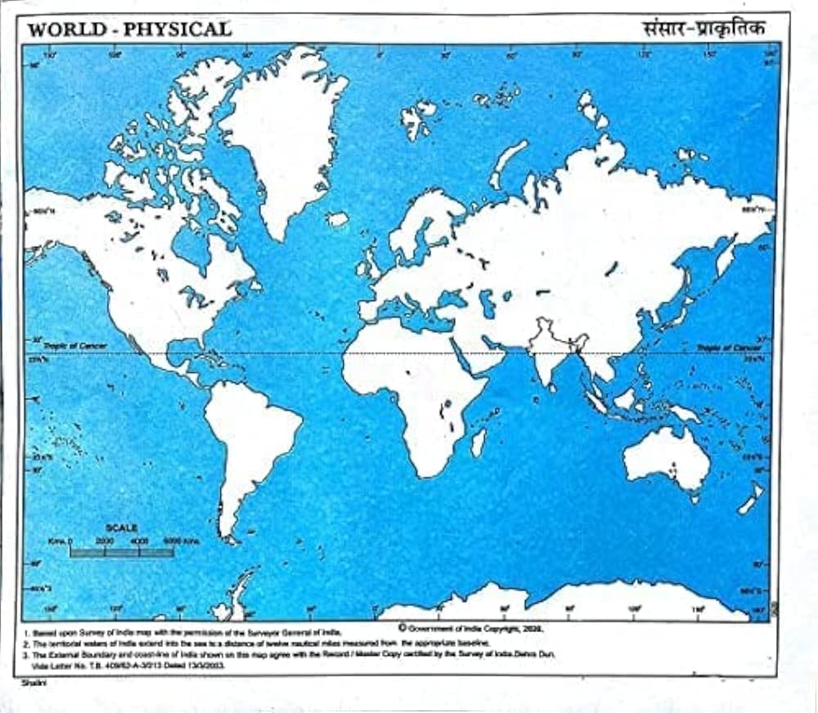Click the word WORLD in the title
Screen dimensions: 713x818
pyautogui.click(x=66, y=29)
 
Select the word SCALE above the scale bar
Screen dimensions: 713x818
pyautogui.click(x=122, y=528)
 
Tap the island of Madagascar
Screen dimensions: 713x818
pyautogui.click(x=479, y=442)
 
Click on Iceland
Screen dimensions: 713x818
pyautogui.click(x=337, y=219)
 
